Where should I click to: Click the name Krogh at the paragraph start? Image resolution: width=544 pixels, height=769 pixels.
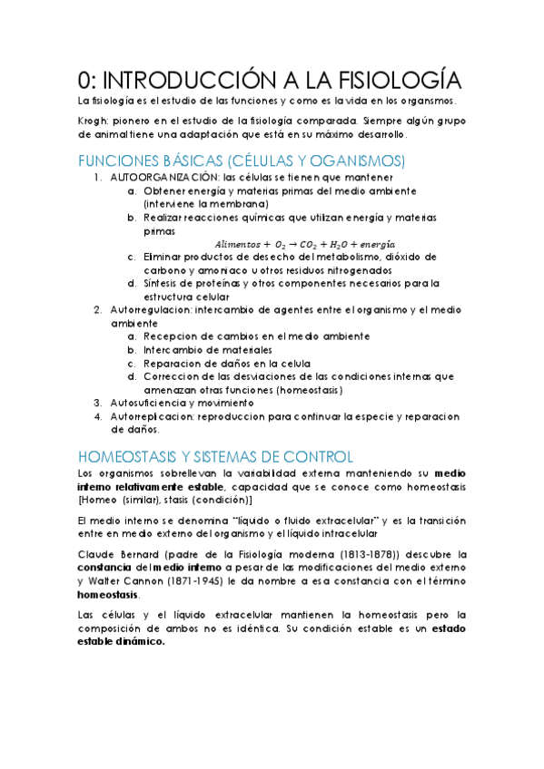coord(94,120)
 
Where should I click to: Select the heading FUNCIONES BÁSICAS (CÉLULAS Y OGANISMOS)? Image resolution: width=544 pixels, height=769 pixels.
coord(242,161)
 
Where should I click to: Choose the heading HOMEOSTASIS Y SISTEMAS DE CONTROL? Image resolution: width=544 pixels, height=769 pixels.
coord(215,456)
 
